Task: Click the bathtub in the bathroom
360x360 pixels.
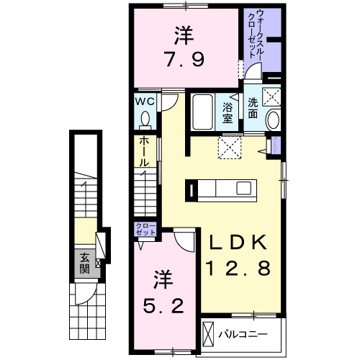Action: tap(203, 113)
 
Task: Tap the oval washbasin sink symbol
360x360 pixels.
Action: tap(273, 120)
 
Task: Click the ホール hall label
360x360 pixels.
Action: tap(144, 152)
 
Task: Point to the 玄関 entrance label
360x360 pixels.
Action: tap(84, 263)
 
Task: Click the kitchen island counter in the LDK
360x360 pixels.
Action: tap(223, 189)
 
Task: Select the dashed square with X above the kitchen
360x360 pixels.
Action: tap(233, 148)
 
